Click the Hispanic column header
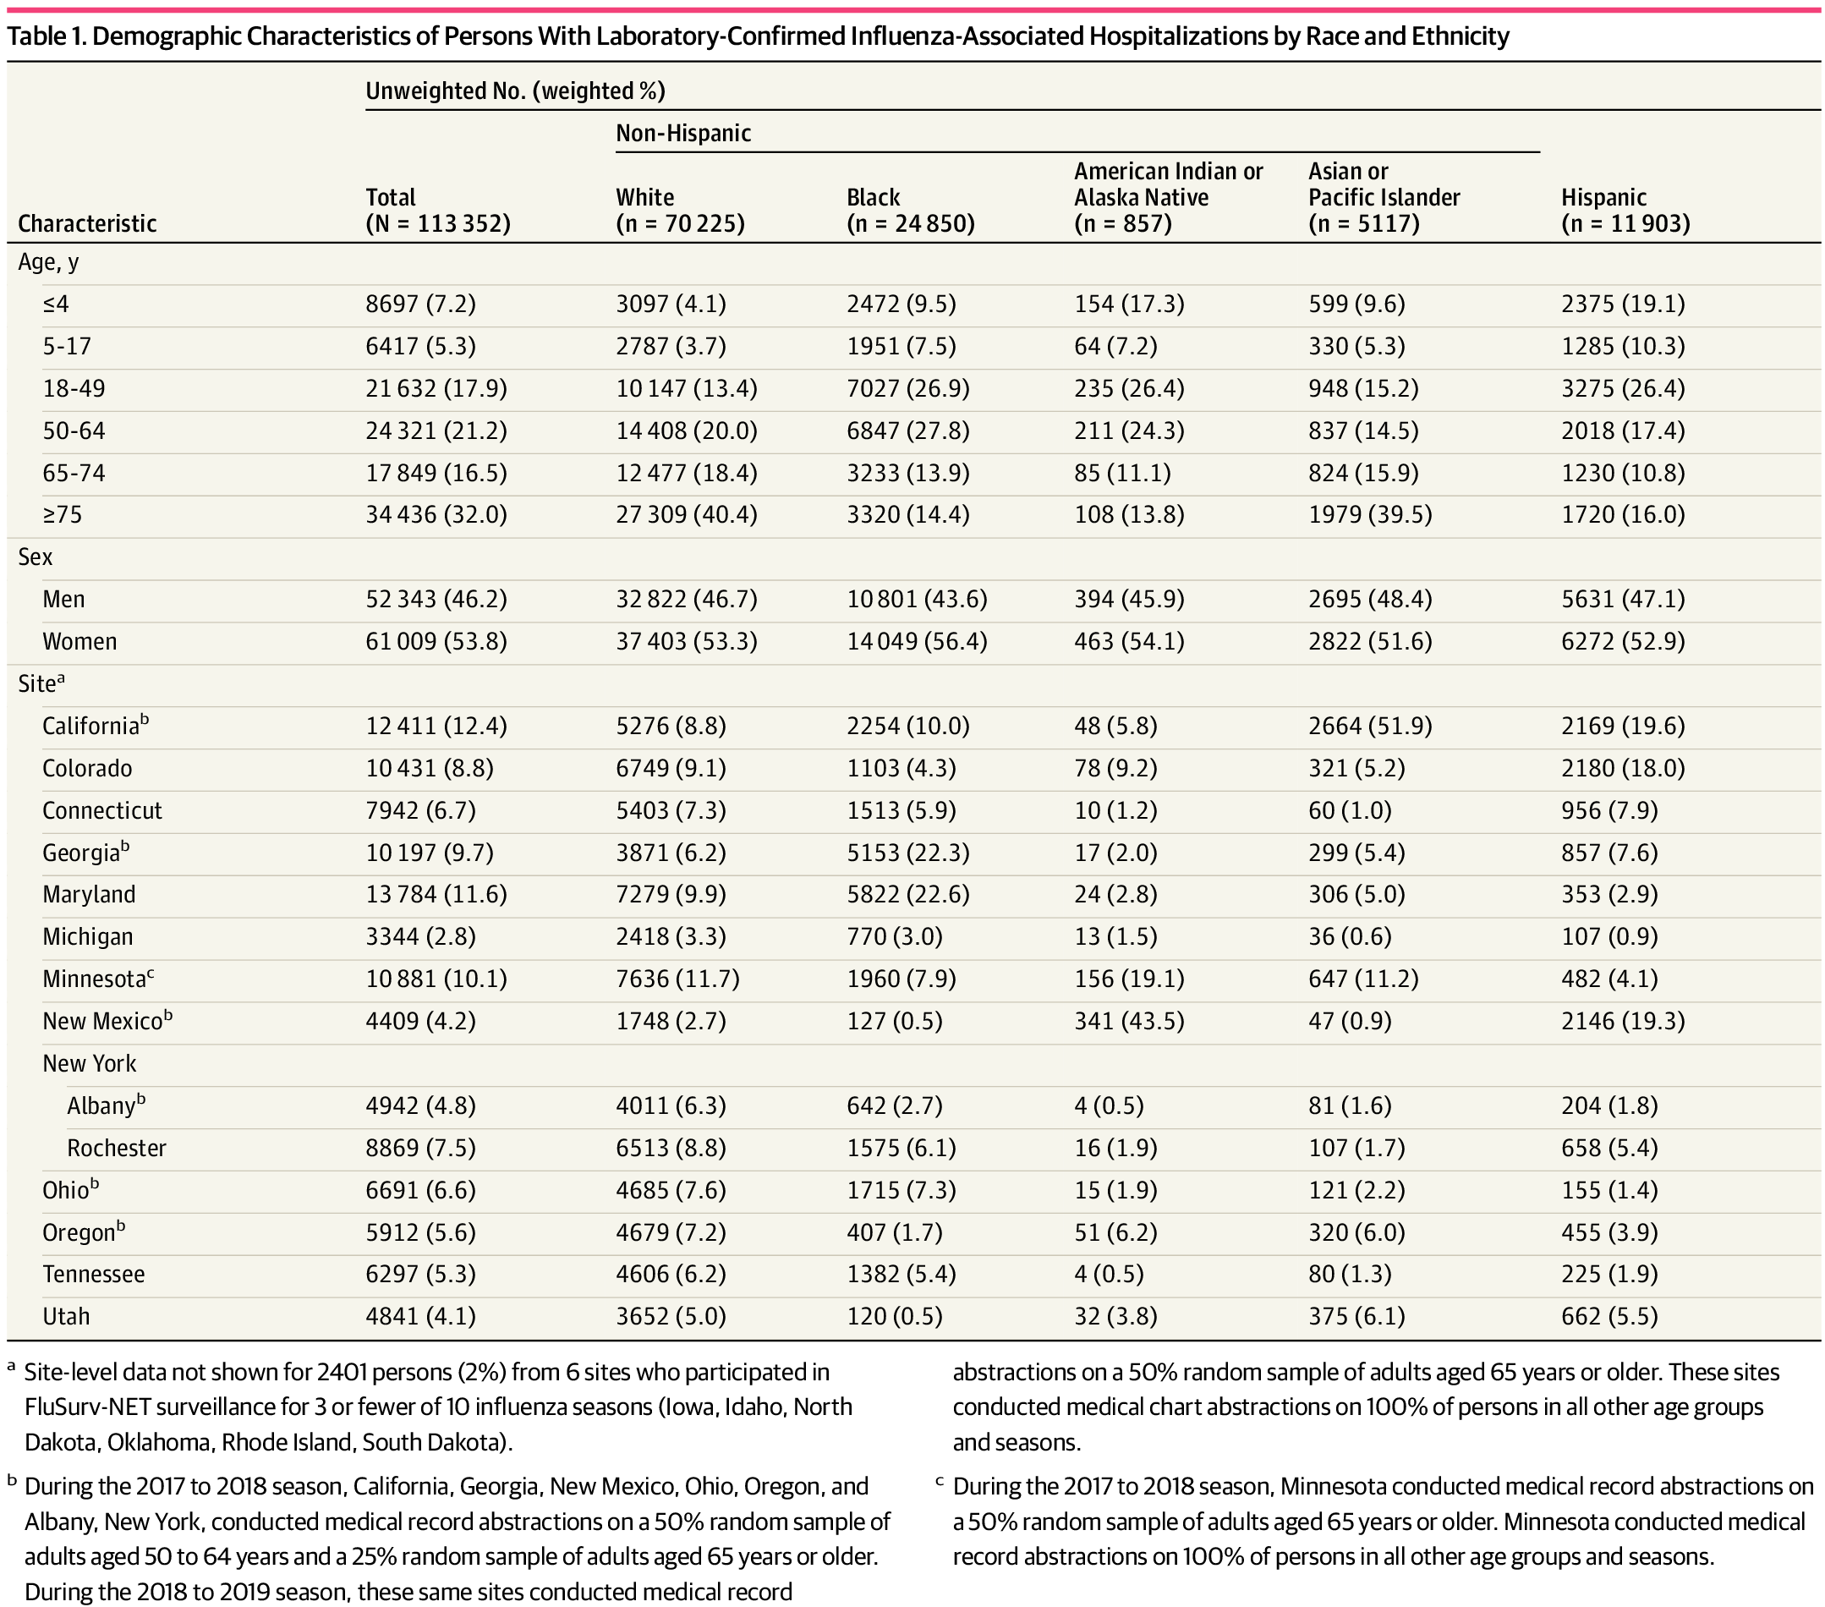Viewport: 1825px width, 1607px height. [x=1625, y=210]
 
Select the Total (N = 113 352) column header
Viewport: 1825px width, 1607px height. [x=437, y=210]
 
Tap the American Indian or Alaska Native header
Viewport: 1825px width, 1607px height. [x=1168, y=197]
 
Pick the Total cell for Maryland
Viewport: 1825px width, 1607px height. [x=436, y=895]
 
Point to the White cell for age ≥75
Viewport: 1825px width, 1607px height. [x=686, y=514]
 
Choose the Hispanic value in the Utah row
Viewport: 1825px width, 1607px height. [x=1609, y=1316]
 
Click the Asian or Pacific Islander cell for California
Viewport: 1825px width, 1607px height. [x=1370, y=726]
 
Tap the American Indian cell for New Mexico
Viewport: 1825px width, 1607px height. [x=1128, y=1020]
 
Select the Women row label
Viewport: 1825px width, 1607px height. [x=79, y=641]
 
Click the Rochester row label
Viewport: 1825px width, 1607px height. [x=116, y=1147]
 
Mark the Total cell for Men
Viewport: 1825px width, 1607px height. [x=436, y=599]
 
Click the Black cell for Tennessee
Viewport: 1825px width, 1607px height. [x=901, y=1274]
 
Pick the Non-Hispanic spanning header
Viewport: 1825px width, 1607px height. [x=683, y=133]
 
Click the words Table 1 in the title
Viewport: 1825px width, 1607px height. [x=45, y=36]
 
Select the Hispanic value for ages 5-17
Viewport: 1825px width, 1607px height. [x=1622, y=347]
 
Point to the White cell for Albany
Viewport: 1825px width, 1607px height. [x=671, y=1105]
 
